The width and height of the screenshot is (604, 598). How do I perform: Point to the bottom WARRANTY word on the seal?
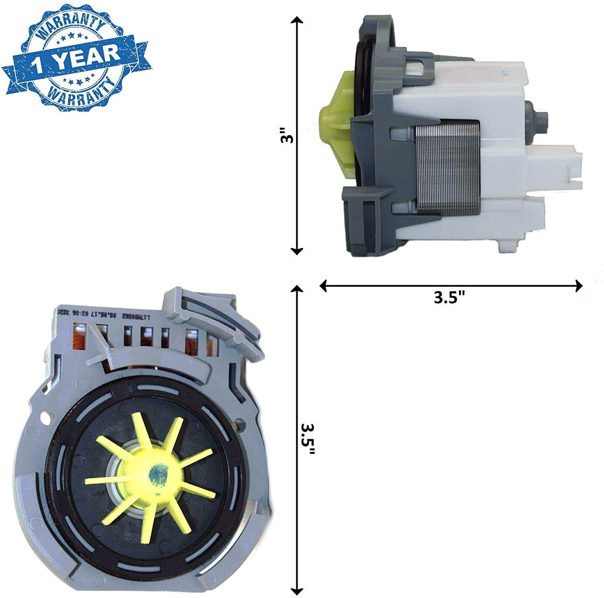[80, 95]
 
